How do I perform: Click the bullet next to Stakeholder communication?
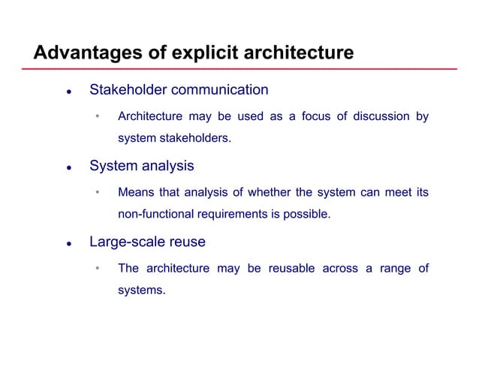(68, 93)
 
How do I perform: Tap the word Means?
(134, 193)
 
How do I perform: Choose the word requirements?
(238, 215)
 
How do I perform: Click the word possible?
(306, 215)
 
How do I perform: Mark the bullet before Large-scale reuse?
(68, 245)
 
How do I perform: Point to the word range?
(394, 269)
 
